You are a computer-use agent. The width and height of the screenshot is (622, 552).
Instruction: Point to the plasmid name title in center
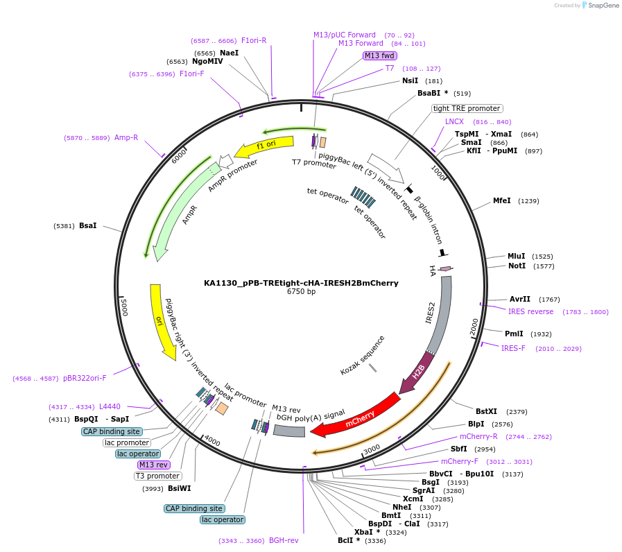click(301, 283)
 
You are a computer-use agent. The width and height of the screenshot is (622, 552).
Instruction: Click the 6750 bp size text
click(301, 292)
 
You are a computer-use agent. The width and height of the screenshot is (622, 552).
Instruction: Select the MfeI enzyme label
click(501, 200)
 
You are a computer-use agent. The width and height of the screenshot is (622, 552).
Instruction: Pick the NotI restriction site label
click(517, 266)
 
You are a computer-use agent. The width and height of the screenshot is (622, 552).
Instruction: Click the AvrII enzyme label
click(520, 299)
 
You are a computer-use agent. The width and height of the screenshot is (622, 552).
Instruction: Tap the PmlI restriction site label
click(514, 334)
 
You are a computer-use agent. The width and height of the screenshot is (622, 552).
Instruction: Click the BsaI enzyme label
click(88, 225)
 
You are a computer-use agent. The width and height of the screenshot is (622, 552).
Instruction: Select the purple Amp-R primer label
click(126, 137)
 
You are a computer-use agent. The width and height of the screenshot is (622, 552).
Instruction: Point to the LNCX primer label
click(454, 121)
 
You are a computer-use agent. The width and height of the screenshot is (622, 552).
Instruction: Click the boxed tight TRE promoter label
click(467, 108)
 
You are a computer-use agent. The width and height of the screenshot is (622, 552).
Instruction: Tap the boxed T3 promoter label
click(158, 476)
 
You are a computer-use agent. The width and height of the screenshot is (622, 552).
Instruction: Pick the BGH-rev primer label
click(284, 540)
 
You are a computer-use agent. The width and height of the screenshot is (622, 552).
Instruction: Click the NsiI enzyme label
click(411, 80)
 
